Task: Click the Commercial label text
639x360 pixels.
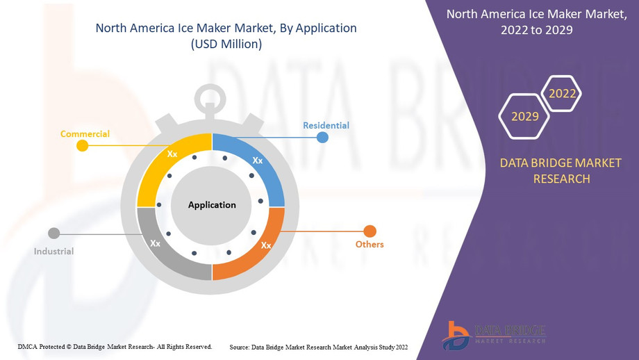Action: point(85,133)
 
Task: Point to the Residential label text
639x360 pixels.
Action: point(326,126)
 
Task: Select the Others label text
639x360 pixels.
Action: point(370,244)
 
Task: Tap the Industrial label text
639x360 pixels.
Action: point(53,251)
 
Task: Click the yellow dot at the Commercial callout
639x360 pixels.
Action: point(83,145)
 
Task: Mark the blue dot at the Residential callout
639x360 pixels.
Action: point(322,138)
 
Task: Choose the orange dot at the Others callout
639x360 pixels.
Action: point(370,231)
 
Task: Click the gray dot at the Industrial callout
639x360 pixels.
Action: point(53,234)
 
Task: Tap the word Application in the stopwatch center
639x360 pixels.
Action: point(212,204)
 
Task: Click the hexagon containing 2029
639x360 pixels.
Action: point(524,116)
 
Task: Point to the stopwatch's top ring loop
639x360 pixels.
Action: point(210,86)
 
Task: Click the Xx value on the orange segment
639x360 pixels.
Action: point(266,245)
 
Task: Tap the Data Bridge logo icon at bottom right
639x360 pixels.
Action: point(456,336)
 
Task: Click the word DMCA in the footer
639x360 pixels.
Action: point(28,347)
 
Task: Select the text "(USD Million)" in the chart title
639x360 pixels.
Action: point(226,44)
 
